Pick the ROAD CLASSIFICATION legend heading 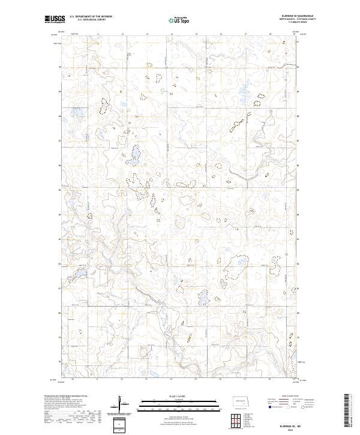coord(290,397)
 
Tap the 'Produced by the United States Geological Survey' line coord(66,396)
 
